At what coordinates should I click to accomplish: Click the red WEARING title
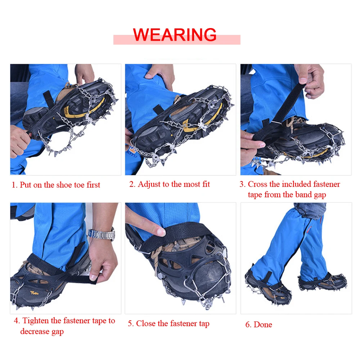click(175, 35)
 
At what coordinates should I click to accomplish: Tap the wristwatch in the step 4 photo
click(102, 234)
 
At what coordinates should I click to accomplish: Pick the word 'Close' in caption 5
click(145, 324)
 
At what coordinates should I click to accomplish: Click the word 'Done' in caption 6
click(263, 325)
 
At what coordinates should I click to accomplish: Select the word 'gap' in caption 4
click(57, 332)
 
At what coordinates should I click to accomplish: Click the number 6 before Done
click(248, 325)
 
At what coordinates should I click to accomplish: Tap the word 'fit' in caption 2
click(206, 184)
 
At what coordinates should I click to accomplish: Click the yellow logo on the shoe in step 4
click(35, 293)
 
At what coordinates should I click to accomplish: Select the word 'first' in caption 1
click(93, 185)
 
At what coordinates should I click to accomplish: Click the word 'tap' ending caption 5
click(204, 324)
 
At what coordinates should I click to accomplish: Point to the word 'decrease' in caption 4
click(35, 332)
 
